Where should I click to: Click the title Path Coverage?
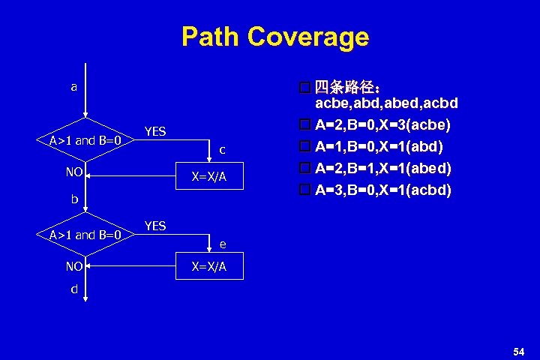point(274,36)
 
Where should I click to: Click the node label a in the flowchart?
point(73,87)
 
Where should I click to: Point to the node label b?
point(74,199)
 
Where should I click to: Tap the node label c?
point(223,150)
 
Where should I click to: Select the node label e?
point(223,244)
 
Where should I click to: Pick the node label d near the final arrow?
point(74,289)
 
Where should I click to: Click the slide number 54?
point(518,351)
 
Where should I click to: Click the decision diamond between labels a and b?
point(85,139)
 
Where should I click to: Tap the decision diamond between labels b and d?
point(85,235)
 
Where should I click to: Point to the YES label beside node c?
point(155,132)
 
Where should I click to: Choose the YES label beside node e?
point(155,226)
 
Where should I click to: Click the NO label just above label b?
point(73,172)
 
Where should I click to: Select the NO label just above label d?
point(73,265)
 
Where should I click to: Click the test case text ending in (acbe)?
point(382,123)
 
